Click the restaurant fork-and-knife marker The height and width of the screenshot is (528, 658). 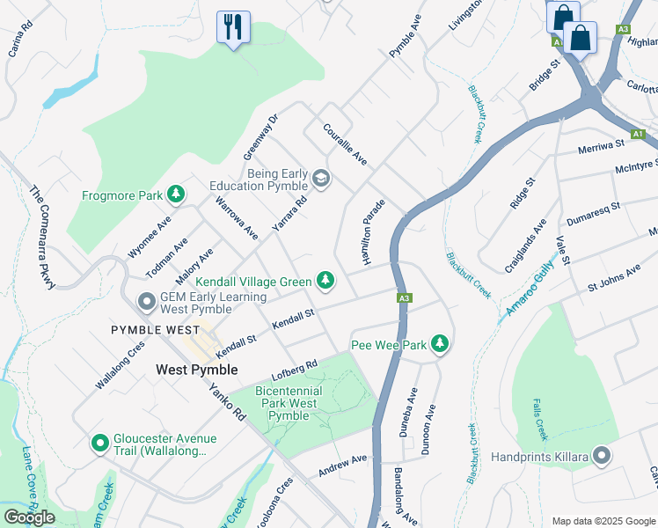tap(233, 26)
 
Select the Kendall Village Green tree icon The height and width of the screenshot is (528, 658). tap(326, 281)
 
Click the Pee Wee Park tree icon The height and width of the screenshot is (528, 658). tap(440, 344)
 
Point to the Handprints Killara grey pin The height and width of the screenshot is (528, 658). tap(602, 456)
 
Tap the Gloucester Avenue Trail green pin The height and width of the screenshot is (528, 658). tap(100, 440)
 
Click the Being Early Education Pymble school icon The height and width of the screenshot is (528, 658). tap(321, 180)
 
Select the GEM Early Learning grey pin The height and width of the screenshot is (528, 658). tap(148, 303)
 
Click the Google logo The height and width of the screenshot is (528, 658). tap(29, 517)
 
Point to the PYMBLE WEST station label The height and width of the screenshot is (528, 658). tap(155, 329)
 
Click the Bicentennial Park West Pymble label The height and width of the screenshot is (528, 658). tap(288, 402)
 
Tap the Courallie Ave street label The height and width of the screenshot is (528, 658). tap(345, 145)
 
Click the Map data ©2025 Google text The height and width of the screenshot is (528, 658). tap(603, 520)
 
